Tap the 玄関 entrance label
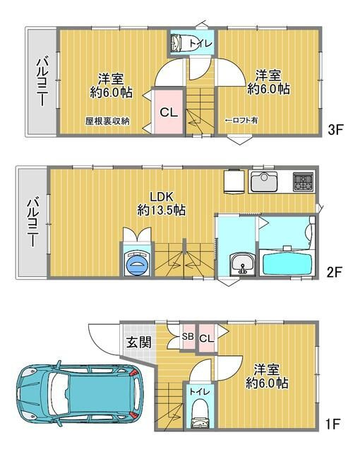click(138, 344)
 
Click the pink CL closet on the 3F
click(168, 112)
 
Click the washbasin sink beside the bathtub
click(241, 265)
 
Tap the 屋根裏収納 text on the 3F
click(107, 121)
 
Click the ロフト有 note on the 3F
click(241, 121)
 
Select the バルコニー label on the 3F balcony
click(41, 82)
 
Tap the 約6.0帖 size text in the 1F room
click(267, 383)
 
